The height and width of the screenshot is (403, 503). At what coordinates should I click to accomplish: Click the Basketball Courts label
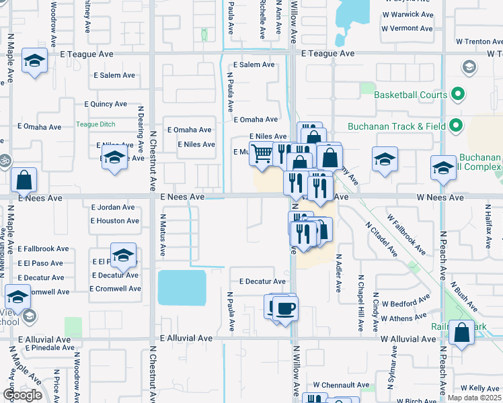(410, 95)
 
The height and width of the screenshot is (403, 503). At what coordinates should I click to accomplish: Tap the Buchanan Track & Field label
(397, 126)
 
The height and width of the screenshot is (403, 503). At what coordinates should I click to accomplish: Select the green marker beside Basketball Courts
(458, 94)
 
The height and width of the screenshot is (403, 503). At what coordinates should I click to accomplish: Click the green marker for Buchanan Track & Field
(457, 126)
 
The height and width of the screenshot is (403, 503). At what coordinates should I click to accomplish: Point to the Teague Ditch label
(95, 124)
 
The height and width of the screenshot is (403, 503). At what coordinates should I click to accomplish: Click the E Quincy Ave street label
(106, 104)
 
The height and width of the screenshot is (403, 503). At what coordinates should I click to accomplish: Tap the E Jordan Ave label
(116, 208)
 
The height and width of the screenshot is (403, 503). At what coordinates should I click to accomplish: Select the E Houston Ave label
(115, 220)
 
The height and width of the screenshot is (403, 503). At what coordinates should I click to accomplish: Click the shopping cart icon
(262, 154)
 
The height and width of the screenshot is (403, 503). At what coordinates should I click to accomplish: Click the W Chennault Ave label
(340, 385)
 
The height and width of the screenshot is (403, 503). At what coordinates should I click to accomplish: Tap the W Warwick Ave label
(407, 14)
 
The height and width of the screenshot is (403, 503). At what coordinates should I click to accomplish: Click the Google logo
(22, 395)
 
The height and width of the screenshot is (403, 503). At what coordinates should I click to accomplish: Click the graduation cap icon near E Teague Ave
(34, 61)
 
